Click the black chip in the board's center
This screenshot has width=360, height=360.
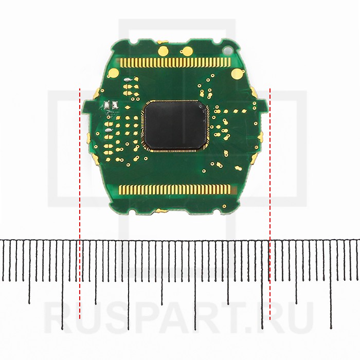tap(175, 125)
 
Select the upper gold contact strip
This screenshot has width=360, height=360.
tap(175, 62)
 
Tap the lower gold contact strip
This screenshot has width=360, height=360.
tap(175, 190)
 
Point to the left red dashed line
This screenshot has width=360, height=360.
tap(80, 204)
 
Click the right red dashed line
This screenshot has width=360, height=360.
tap(270, 204)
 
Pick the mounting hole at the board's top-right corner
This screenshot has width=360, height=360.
tap(227, 50)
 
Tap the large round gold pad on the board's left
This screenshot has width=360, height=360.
tap(113, 73)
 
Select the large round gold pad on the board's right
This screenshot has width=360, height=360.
tap(237, 74)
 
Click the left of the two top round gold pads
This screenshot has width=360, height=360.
tap(163, 50)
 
